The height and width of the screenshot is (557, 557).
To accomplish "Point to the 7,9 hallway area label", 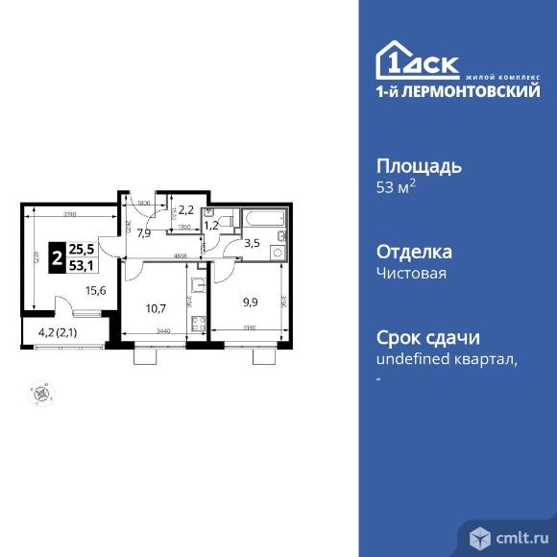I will [146, 231].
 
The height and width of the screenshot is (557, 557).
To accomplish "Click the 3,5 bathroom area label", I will [252, 242].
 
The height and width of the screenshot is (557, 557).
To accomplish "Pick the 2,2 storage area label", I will [187, 209].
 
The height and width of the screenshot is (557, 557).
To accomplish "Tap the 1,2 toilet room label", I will [212, 226].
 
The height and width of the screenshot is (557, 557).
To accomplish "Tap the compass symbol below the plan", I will [40, 392].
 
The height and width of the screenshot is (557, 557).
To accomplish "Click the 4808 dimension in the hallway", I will [179, 255].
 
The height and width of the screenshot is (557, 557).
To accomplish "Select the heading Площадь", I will [418, 166].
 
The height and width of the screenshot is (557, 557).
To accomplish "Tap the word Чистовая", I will [411, 273].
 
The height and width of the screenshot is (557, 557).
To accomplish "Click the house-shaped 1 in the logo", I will [393, 60].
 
